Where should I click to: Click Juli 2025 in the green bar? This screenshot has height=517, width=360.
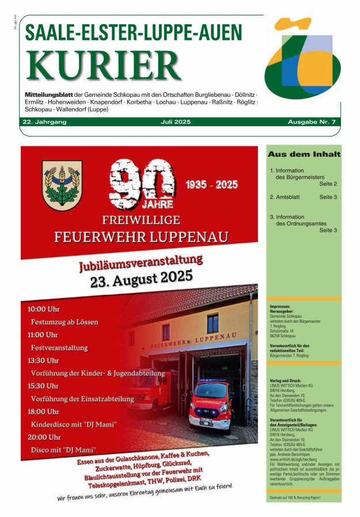point(176,122)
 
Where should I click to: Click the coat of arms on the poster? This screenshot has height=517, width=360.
point(62,185)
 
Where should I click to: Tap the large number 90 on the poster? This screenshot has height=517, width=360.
point(142,183)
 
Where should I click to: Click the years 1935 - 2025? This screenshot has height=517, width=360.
point(211,184)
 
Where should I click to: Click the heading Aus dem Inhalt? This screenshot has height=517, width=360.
point(304,154)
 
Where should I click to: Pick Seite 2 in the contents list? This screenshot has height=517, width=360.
point(328,184)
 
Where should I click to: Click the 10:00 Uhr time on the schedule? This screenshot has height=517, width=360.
point(44,310)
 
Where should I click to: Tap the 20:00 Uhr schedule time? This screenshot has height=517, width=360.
point(44,437)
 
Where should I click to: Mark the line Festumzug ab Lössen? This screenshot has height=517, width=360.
point(65,322)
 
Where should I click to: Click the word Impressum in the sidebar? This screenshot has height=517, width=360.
point(279,306)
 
